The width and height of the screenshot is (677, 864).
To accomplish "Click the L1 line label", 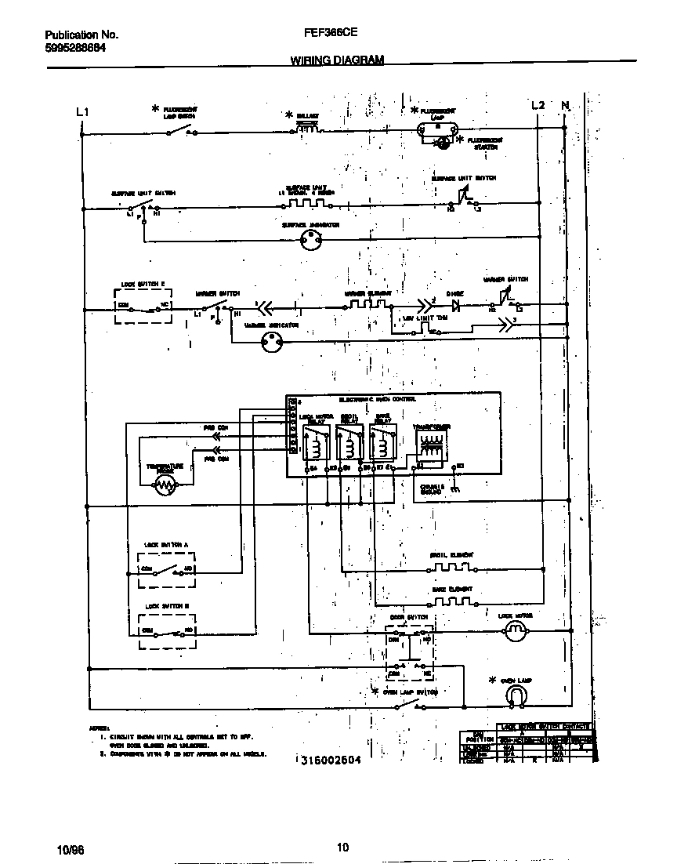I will click(82, 111).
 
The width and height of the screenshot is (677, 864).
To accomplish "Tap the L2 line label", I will click(538, 106).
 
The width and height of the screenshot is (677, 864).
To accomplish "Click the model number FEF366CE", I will click(327, 34).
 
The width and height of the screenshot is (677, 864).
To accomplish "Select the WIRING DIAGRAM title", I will click(338, 60).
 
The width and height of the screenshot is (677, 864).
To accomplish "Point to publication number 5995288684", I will click(76, 47).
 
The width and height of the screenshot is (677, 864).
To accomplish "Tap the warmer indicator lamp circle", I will click(273, 340).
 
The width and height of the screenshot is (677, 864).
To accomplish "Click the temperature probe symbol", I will click(164, 487).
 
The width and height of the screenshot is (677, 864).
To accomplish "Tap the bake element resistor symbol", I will click(451, 602).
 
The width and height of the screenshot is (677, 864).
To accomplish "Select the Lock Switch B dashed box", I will click(167, 631).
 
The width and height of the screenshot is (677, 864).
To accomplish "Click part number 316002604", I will click(330, 761).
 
